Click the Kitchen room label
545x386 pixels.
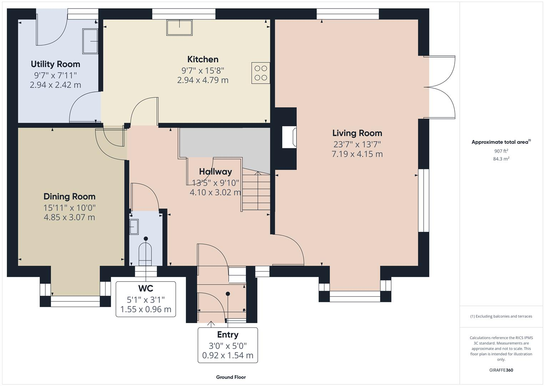203,59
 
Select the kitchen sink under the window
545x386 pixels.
179,28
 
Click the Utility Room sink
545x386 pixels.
90,41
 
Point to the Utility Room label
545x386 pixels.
55,64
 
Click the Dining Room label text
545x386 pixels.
69,197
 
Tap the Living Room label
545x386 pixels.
357,133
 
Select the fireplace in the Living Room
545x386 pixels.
289,137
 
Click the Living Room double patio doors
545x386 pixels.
440,87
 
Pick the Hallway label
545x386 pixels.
215,172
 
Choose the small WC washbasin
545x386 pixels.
134,227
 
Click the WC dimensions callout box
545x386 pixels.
146,299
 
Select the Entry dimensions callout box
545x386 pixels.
228,345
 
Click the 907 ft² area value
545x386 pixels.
501,151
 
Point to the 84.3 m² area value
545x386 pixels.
501,159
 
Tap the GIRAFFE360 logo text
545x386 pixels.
501,370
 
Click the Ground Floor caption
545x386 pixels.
231,377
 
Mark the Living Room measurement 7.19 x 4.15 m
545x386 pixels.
357,154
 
